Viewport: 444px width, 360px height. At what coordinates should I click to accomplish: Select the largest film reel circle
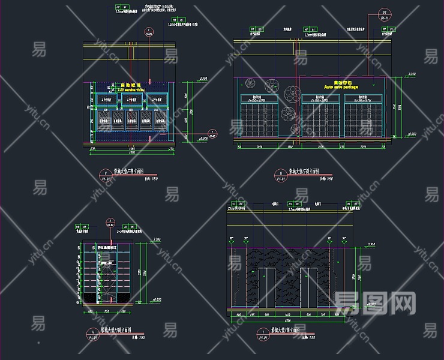294,92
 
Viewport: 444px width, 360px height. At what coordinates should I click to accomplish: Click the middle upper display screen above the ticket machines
132,100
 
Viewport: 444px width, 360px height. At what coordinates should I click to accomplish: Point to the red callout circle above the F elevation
148,32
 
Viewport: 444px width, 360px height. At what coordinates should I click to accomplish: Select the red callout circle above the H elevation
110,223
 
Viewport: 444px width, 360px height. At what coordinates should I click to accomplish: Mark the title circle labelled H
93,334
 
